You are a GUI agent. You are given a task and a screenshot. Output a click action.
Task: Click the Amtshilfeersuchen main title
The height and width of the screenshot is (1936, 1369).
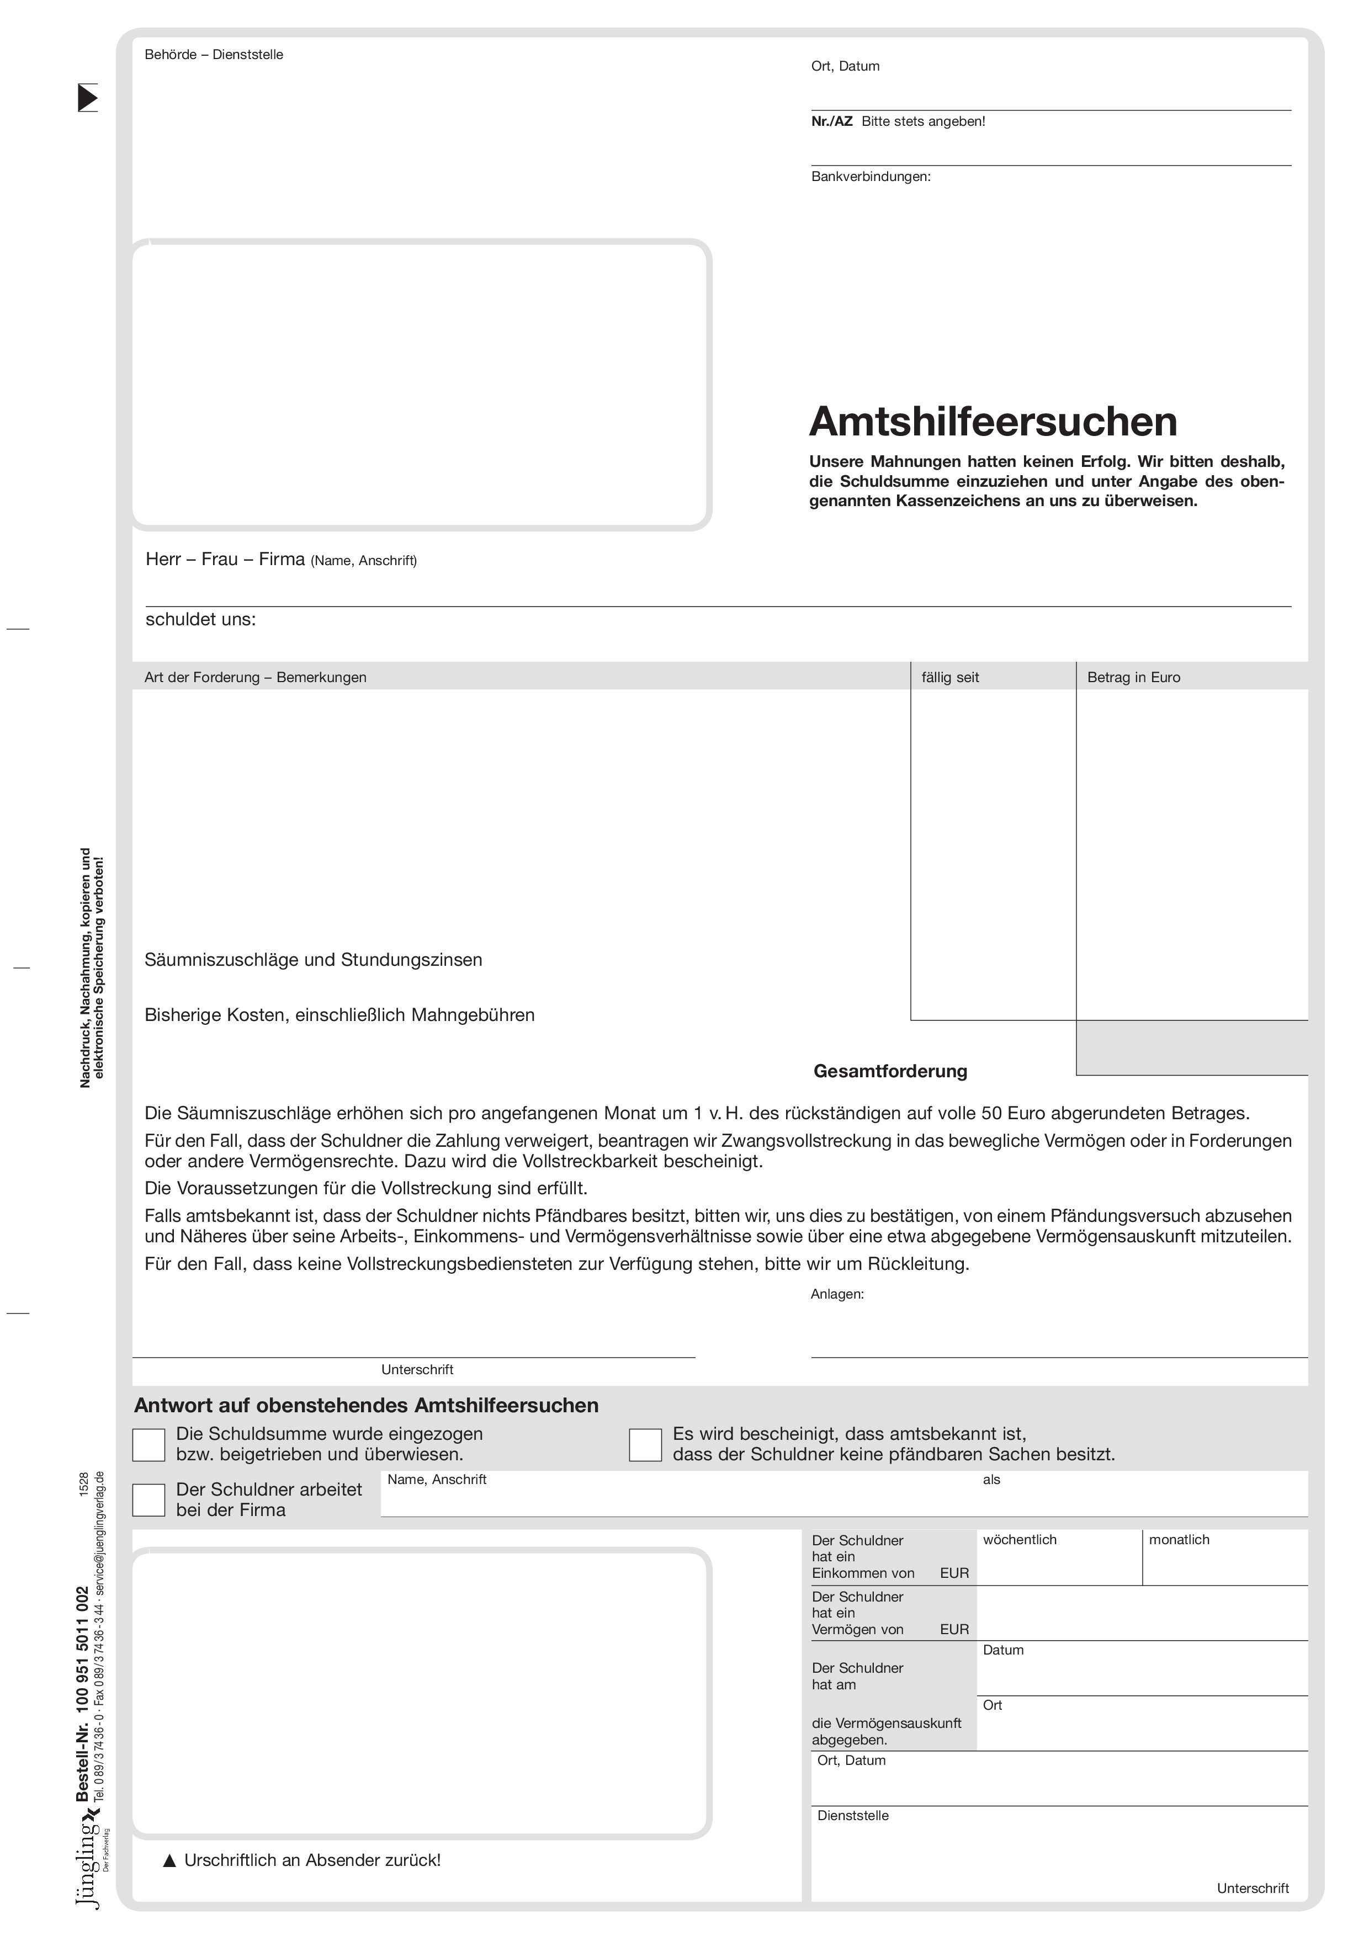pos(993,422)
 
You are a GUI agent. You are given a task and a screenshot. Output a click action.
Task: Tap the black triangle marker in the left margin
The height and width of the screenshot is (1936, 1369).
pos(88,98)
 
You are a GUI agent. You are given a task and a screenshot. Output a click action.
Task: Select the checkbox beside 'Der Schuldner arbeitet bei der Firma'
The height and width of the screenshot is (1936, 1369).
pos(148,1500)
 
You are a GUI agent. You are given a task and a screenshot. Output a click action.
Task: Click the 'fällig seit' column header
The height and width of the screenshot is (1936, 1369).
pos(950,677)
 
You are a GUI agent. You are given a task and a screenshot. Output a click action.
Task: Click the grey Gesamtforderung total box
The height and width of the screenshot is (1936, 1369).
pos(1191,1047)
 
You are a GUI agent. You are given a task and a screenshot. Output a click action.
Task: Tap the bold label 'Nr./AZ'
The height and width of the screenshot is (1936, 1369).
pos(832,121)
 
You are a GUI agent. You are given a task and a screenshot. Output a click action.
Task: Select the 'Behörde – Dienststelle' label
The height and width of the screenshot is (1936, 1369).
pos(214,55)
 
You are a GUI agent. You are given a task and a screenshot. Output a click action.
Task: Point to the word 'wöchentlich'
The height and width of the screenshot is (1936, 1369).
pos(1019,1540)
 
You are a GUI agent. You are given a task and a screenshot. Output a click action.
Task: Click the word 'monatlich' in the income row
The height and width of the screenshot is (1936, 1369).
pos(1179,1540)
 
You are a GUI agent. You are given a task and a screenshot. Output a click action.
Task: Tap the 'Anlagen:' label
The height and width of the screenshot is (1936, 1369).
pos(837,1294)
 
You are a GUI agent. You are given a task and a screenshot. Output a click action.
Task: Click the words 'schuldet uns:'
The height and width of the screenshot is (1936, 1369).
pos(201,620)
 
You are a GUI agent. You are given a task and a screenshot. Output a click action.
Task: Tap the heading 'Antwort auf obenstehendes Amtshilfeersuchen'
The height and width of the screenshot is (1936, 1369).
pos(366,1406)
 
